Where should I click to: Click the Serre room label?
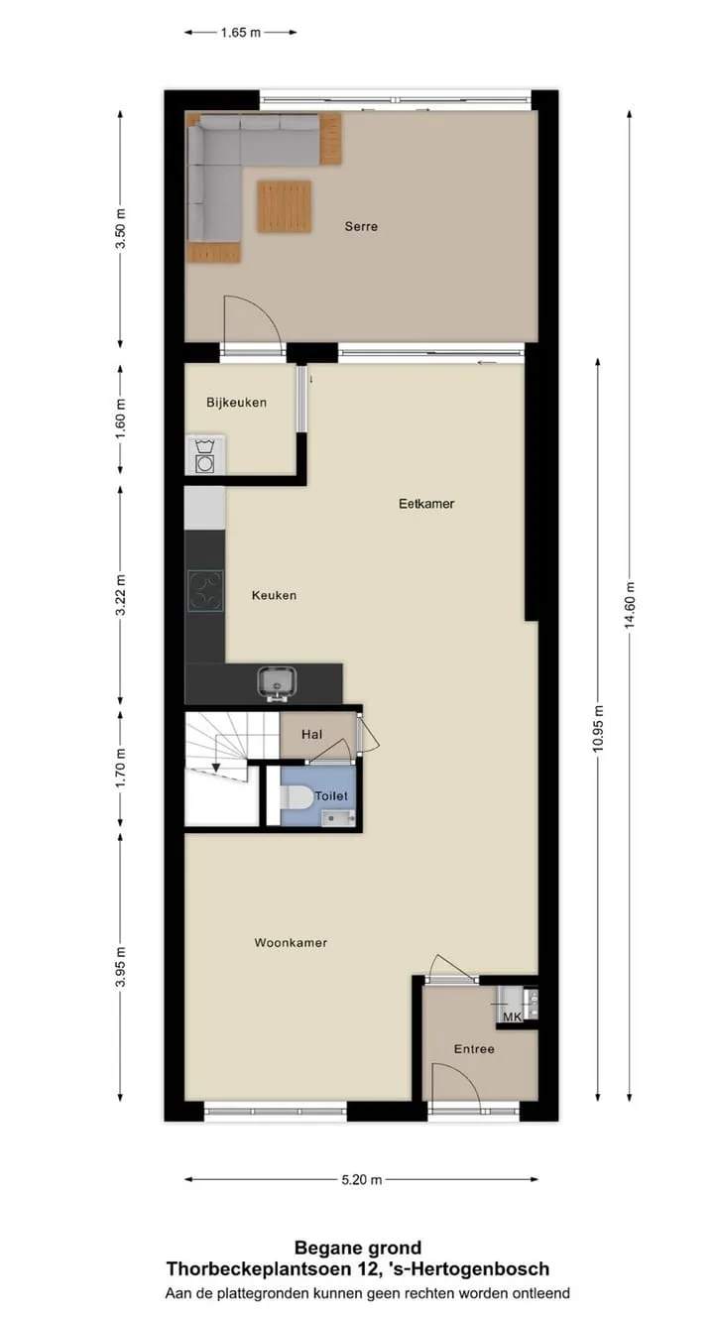click(361, 226)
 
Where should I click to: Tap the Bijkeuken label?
click(236, 403)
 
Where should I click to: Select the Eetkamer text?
click(426, 504)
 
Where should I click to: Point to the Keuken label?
click(274, 595)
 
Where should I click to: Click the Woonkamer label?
click(291, 942)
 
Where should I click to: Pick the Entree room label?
click(474, 1049)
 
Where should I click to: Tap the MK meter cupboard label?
click(512, 1017)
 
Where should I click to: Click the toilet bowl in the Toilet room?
click(296, 798)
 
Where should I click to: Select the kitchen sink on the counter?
click(277, 682)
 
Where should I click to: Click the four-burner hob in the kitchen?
click(205, 591)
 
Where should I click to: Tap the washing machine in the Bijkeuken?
click(205, 455)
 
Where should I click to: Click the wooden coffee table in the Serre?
click(284, 206)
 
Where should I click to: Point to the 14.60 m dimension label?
click(630, 605)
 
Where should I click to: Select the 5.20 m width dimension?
click(362, 1180)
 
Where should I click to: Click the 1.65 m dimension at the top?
click(241, 33)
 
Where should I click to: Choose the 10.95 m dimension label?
click(598, 729)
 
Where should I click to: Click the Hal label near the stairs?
click(311, 734)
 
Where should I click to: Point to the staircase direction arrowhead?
click(216, 768)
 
